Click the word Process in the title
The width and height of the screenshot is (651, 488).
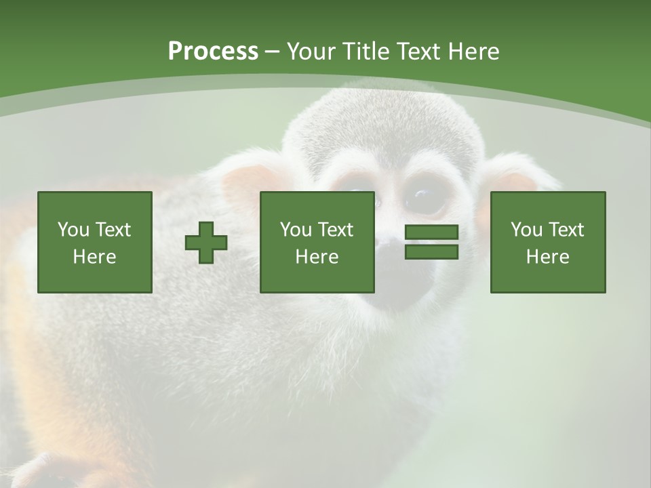coord(213,52)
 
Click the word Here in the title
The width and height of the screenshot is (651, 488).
coord(474,52)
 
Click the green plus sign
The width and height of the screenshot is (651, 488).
coord(206,243)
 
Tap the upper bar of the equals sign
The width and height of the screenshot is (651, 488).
coord(431,233)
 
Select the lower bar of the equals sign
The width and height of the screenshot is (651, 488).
coord(431,252)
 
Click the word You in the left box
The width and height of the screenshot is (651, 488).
coord(73,230)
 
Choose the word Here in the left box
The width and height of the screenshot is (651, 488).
coord(94,257)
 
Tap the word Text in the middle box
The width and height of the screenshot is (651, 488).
coord(336,230)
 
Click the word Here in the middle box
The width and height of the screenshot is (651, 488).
coord(317,257)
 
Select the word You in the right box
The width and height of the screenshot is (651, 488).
coord(526,230)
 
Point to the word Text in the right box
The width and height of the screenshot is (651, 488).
coord(566,230)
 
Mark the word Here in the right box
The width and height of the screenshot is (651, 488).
coord(547,257)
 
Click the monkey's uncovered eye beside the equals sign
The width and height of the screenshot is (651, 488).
coord(425,197)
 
